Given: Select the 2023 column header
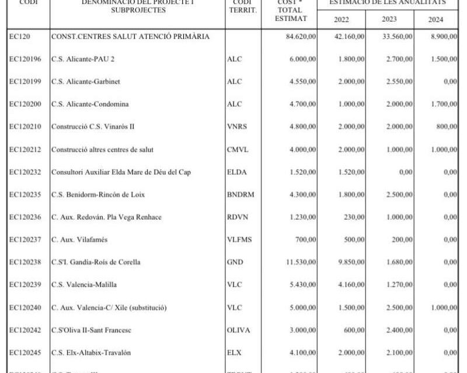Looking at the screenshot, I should [389, 19].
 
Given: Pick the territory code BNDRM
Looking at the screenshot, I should [241, 194].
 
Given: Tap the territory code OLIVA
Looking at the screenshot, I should [238, 330].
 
